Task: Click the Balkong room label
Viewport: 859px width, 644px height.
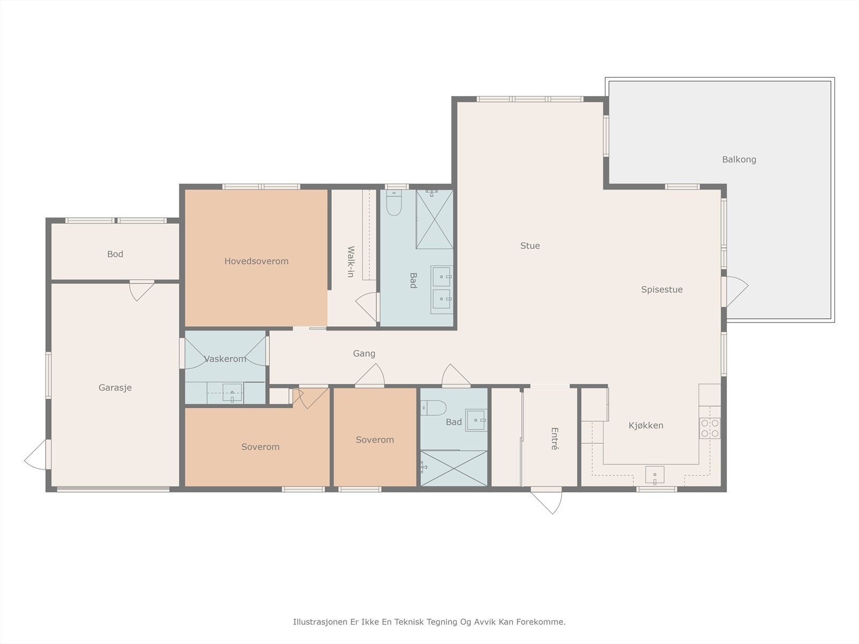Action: tap(739, 159)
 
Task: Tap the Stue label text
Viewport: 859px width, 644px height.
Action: tap(530, 246)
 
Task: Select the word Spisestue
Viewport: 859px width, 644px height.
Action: tap(662, 289)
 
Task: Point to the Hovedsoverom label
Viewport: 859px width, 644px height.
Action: tap(256, 261)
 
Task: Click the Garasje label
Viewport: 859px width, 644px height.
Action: tap(115, 388)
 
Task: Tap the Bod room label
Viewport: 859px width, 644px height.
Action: tap(115, 254)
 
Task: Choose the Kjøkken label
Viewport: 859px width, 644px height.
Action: tap(646, 426)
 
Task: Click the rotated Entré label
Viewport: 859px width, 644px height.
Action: tap(555, 438)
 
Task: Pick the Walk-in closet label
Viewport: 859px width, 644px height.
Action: tap(351, 261)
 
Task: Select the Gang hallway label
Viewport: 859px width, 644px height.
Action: tap(364, 354)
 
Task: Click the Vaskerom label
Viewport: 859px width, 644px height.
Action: tap(225, 359)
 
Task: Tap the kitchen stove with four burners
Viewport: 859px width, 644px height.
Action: tap(710, 428)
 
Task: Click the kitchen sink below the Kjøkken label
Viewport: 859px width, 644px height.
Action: tap(654, 474)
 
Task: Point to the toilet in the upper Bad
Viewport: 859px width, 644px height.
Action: tap(394, 202)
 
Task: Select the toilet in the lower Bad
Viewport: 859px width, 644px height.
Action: tap(433, 408)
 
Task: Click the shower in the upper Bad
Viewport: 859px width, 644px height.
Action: tap(434, 219)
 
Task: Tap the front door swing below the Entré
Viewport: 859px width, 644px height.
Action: tap(547, 501)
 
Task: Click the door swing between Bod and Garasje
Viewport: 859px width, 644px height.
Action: tap(142, 290)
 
